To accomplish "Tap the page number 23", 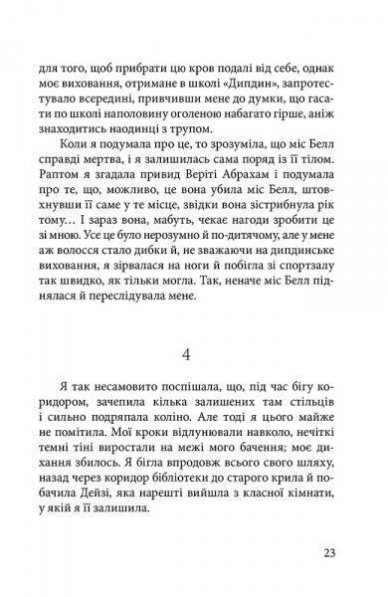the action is pyautogui.click(x=331, y=555).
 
